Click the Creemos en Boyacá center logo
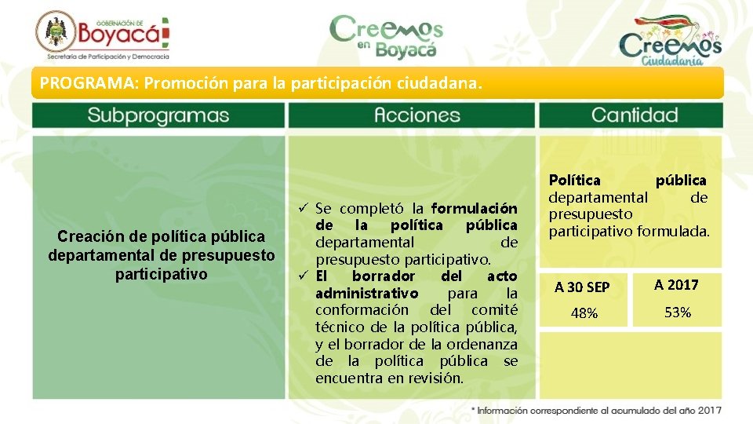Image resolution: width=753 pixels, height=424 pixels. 386,35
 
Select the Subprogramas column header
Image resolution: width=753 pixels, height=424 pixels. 158,115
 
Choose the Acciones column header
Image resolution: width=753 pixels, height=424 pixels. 412,115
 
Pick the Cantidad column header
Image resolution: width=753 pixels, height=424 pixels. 634,115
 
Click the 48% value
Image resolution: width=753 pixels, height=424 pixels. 584,313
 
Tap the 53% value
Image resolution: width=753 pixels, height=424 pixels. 677,313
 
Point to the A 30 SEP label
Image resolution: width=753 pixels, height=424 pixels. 582,287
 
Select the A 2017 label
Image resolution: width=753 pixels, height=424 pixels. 677,285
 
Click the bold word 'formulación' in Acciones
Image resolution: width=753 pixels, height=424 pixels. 474,209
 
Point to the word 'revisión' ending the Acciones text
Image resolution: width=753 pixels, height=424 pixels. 435,378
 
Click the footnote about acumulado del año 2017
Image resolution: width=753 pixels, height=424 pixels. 596,410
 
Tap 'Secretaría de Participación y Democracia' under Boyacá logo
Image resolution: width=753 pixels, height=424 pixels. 107,57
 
